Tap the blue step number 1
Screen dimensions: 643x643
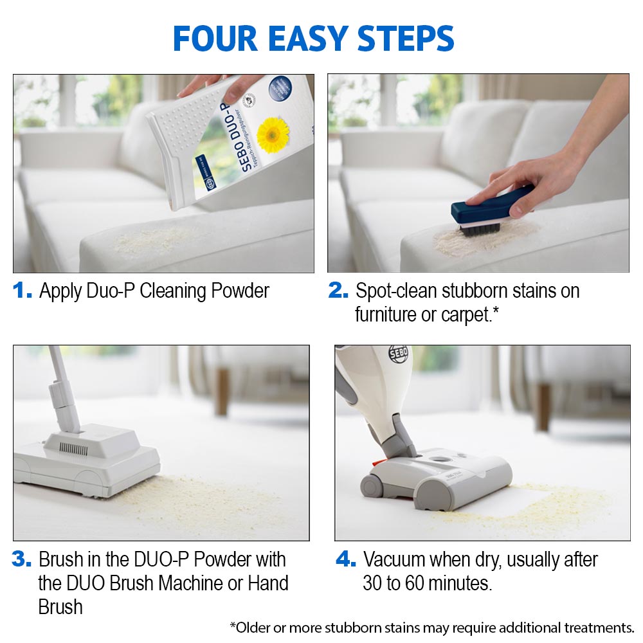pos(23,291)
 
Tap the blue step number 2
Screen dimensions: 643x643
pos(338,291)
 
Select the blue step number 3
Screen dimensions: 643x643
pos(22,559)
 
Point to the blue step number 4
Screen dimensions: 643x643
pos(345,559)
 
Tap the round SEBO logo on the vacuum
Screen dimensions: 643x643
pos(398,354)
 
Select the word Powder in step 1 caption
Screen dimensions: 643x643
pos(237,291)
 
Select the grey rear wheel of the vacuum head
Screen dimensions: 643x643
pos(372,485)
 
